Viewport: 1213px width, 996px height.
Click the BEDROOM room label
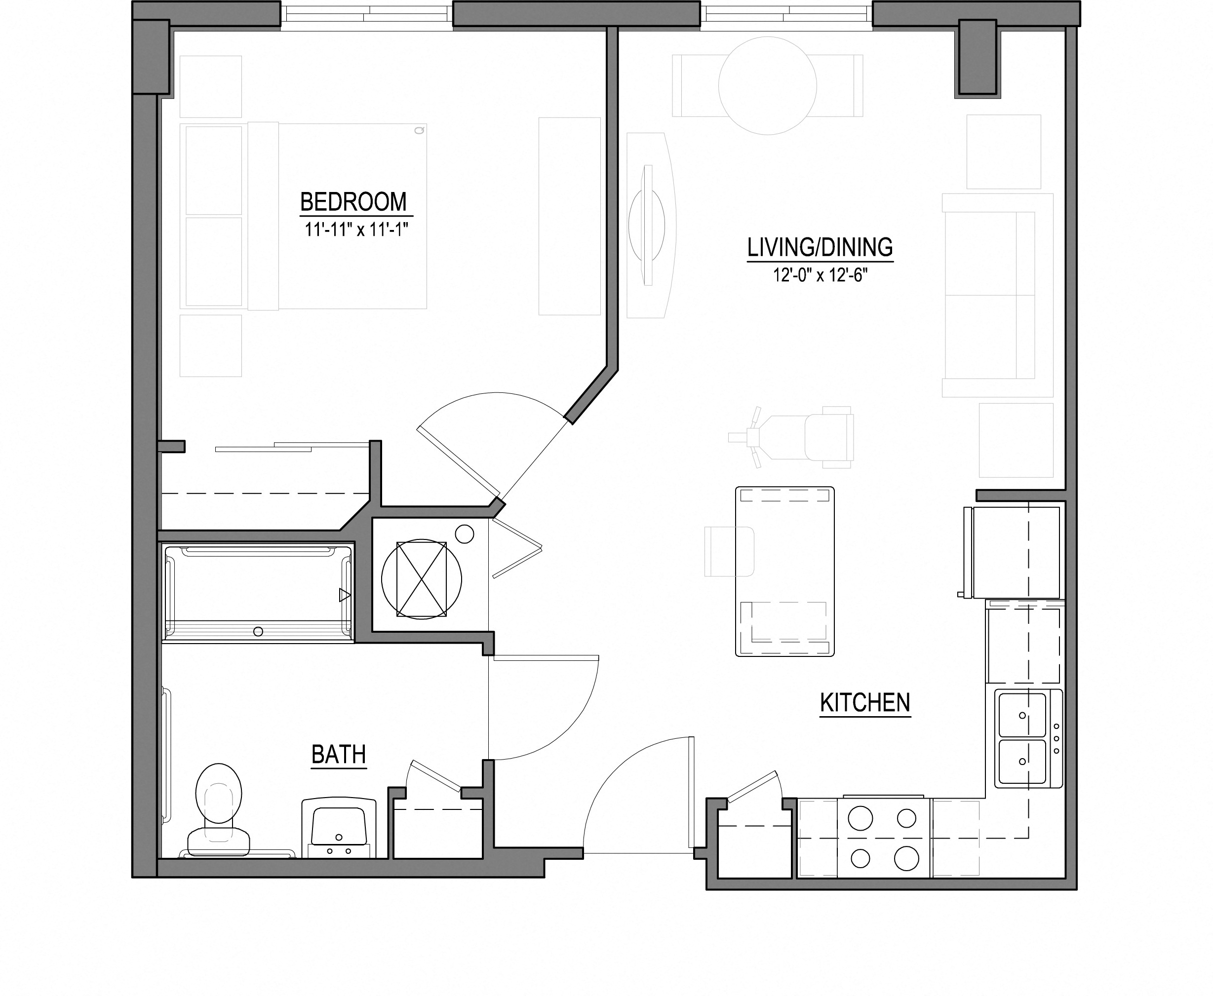point(353,202)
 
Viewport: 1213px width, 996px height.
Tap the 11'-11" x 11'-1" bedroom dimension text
point(356,230)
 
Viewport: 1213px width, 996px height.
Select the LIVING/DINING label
point(820,247)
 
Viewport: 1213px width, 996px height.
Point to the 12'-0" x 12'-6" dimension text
point(820,275)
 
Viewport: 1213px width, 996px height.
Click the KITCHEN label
point(865,703)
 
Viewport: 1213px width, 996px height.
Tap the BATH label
point(339,755)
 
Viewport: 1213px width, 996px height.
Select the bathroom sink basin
point(339,826)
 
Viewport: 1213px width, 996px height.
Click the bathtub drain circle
point(258,632)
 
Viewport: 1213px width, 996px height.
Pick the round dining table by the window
point(767,85)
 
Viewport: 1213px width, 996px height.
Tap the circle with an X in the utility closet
point(422,579)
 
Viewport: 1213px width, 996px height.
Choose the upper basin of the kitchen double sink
point(1022,715)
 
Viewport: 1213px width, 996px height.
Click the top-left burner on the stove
point(860,818)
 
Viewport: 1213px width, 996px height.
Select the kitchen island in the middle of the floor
point(784,572)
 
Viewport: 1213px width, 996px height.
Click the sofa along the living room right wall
point(997,296)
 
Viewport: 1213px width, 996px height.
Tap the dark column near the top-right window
point(977,57)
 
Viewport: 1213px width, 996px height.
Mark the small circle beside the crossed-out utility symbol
point(464,534)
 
